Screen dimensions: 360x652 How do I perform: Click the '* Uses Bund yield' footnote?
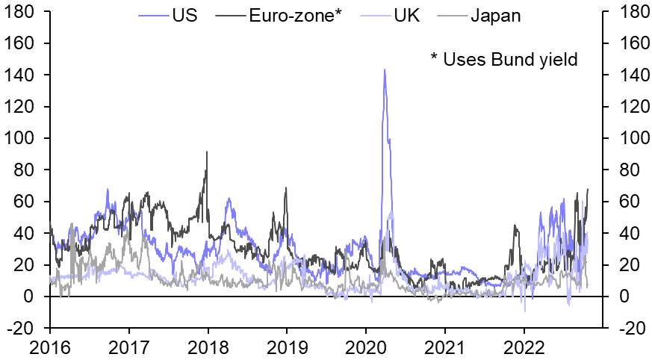click(x=504, y=59)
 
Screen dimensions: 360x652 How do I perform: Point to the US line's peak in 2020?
click(x=385, y=70)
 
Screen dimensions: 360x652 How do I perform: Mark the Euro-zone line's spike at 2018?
click(x=207, y=152)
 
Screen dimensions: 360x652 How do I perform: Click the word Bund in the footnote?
click(x=515, y=59)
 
